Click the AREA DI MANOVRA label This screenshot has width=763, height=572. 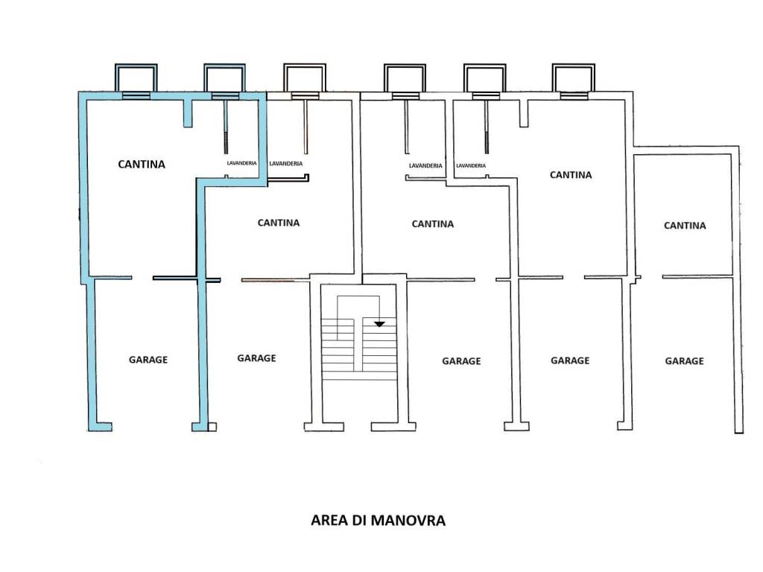pos(378,521)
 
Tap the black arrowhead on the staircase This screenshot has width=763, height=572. pos(379,324)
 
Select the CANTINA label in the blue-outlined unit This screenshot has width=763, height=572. pos(142,164)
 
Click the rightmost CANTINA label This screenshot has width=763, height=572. pos(685,225)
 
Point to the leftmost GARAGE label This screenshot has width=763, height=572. pos(148,360)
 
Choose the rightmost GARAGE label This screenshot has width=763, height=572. pos(684,361)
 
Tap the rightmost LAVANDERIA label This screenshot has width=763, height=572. pos(471,165)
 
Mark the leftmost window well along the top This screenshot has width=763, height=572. pos(136,77)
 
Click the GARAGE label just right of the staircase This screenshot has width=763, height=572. pos(461,361)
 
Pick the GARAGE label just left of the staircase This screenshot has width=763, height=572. pos(256,358)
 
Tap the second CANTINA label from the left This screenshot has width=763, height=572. pos(279,222)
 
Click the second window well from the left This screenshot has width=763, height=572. pos(225,77)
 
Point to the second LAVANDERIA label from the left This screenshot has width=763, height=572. pos(285,163)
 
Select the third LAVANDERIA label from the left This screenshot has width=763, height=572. pos(425,165)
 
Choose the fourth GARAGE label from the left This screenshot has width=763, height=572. pos(570,360)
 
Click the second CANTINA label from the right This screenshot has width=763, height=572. pos(571,175)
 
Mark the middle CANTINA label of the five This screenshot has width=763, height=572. pos(433,223)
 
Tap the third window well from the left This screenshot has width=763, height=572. pos(304,77)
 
